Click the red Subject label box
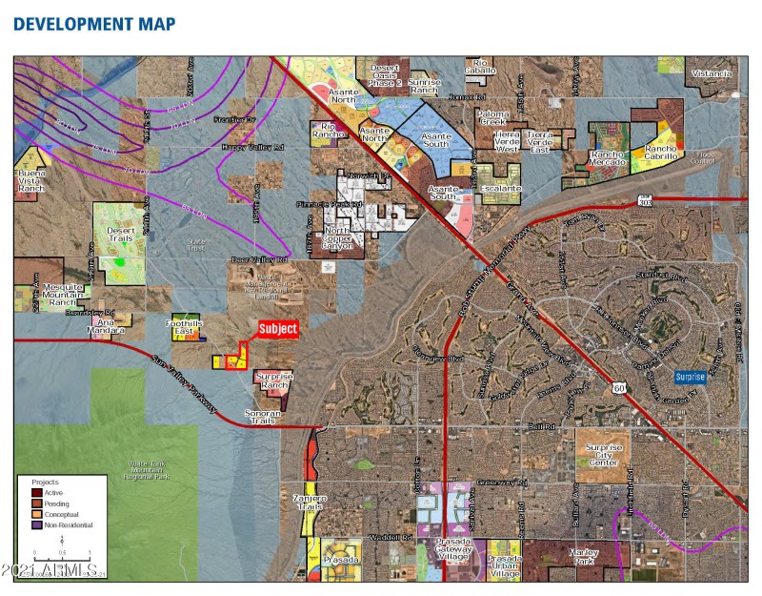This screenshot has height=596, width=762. pos(278,329)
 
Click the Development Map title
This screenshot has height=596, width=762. pos(94,24)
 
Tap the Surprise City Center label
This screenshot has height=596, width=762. pos(603,455)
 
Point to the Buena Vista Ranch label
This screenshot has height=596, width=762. pos(30,179)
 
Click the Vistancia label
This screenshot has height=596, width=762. pos(712,73)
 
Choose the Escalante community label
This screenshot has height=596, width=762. pos(501,189)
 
